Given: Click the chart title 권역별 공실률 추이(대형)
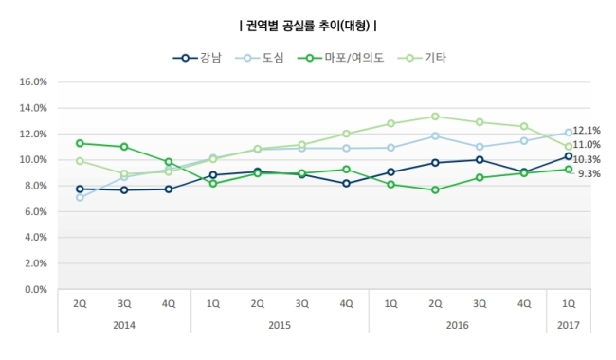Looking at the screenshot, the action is point(308,26).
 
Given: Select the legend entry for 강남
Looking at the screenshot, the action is point(197,58).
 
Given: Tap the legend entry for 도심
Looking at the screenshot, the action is point(260,58).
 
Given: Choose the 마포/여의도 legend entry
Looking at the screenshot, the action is point(340,58).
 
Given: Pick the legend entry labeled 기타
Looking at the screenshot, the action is point(422,58).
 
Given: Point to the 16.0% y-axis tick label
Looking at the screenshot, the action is point(33,81).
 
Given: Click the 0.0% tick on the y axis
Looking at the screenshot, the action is point(36,289).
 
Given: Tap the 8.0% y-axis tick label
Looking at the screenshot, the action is point(36,186).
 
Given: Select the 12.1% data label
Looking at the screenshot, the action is point(587,131).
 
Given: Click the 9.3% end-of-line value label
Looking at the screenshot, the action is point(589,173).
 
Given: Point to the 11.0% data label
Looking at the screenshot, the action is point(587,144).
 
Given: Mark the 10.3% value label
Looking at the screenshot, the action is point(587,159).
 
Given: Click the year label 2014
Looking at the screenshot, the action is point(124,325).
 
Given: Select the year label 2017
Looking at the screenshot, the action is point(569,325).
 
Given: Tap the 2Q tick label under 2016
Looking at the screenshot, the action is point(435,303).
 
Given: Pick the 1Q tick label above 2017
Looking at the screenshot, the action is point(569,303).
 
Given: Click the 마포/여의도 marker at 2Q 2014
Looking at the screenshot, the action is point(80,143).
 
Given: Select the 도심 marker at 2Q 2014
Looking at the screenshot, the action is point(80,197).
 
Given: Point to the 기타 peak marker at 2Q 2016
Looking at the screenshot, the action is point(435,117).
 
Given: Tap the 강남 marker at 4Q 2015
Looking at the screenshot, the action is point(346,184).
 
